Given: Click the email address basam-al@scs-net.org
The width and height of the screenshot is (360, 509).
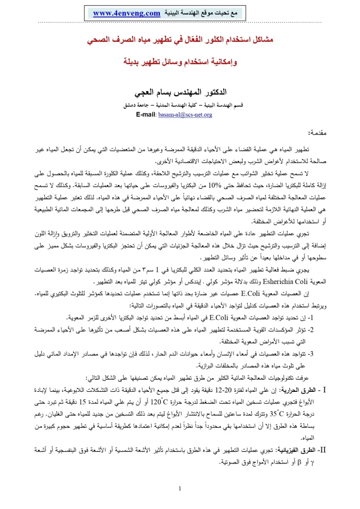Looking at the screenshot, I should [186, 114].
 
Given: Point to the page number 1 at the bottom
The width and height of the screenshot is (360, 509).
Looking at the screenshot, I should [180, 490].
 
